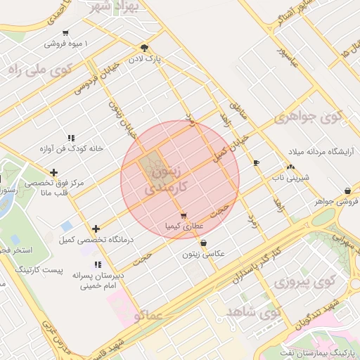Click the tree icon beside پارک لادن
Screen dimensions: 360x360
(x=145, y=48)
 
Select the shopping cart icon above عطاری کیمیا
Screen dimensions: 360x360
(x=184, y=216)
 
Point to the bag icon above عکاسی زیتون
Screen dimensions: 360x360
(x=204, y=243)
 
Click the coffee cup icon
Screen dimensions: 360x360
(x=256, y=162)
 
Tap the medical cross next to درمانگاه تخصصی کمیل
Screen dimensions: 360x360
(x=96, y=229)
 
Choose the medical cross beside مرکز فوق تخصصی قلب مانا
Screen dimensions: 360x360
(x=53, y=172)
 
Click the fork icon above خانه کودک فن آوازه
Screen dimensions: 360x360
(x=70, y=138)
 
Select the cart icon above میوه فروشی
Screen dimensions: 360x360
(x=65, y=33)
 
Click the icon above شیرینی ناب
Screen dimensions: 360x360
(x=290, y=167)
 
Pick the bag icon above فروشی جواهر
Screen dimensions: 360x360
(x=348, y=191)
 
